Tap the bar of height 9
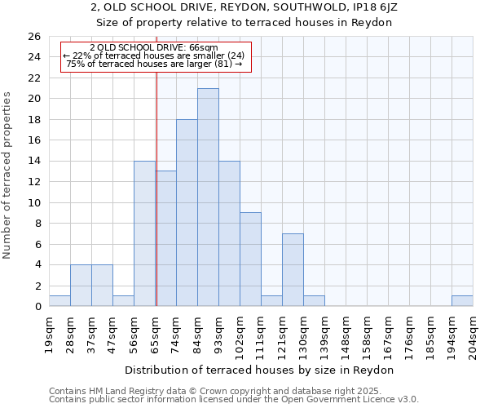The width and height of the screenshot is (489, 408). [250, 259]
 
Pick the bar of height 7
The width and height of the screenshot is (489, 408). [293, 269]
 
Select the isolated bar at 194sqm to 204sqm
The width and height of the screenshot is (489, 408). [462, 300]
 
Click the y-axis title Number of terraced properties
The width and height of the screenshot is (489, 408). [8, 175]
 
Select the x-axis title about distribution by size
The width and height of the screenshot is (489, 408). [262, 370]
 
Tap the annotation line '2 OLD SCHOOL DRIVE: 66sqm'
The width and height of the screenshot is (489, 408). [154, 48]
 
